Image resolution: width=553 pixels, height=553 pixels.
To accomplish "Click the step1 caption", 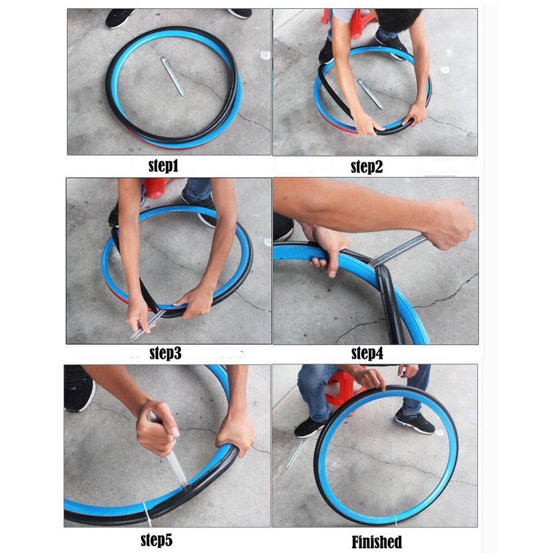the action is (163, 166).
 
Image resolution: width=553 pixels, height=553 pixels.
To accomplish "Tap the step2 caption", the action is (367, 167).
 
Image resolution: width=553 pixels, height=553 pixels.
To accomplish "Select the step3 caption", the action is (165, 353).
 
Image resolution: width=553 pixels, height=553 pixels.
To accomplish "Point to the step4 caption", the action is (367, 353).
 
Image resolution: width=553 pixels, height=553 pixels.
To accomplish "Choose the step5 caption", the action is (157, 540).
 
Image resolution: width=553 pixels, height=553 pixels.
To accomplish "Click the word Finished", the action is (377, 541).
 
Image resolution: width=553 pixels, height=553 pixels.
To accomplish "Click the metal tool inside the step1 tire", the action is (173, 77).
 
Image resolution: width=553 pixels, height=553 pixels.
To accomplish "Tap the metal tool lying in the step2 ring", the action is (370, 94).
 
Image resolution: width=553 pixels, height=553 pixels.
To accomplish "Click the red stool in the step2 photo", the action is (349, 21).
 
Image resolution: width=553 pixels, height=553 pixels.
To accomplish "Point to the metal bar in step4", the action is (395, 252).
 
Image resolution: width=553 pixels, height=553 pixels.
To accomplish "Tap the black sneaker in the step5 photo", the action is (78, 388).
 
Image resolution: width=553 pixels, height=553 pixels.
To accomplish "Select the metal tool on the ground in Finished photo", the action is (297, 452).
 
